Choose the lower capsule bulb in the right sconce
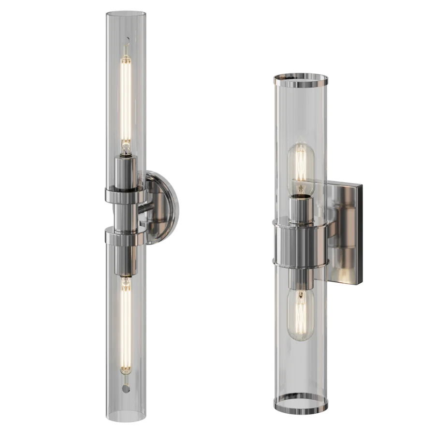[301, 314]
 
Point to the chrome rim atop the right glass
[301, 79]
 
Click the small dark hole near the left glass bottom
[126, 389]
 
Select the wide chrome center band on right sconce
[301, 242]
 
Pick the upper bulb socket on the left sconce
[126, 172]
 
